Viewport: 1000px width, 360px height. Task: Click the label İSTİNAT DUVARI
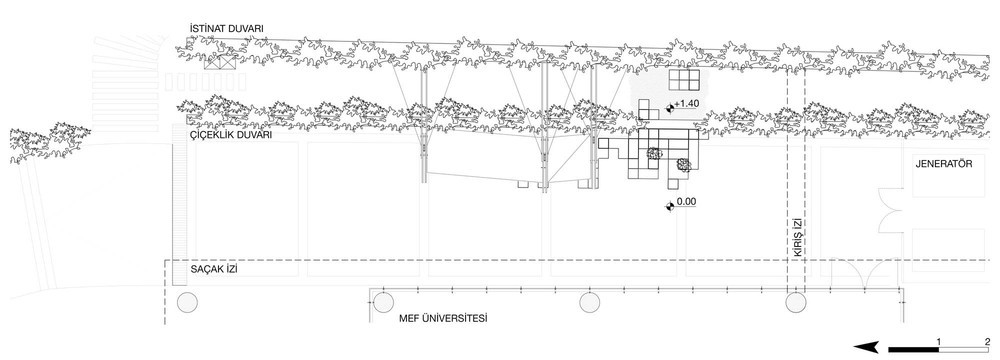(x=226, y=29)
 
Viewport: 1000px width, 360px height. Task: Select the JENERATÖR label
(x=944, y=163)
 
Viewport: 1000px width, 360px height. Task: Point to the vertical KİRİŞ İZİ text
(x=796, y=237)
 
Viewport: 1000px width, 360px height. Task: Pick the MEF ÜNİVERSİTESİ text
(x=443, y=317)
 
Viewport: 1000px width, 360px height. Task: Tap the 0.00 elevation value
(x=686, y=202)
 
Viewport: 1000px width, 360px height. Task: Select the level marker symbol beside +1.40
(x=670, y=109)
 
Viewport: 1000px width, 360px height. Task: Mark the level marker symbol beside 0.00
(x=670, y=206)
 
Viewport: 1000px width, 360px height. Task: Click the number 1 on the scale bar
(x=939, y=342)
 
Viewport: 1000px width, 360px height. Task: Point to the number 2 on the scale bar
(x=987, y=342)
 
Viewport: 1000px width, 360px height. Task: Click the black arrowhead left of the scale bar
(x=867, y=348)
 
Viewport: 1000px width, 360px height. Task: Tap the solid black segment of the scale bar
(x=913, y=350)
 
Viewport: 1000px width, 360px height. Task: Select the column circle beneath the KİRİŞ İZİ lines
(x=795, y=303)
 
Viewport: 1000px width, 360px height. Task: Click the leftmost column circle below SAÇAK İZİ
(x=187, y=303)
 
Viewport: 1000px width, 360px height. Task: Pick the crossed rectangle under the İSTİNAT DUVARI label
(x=220, y=63)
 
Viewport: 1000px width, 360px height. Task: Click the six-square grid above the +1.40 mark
(x=684, y=80)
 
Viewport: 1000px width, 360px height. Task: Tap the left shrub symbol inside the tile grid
(x=652, y=153)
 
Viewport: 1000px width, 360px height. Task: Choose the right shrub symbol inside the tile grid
(x=683, y=165)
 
